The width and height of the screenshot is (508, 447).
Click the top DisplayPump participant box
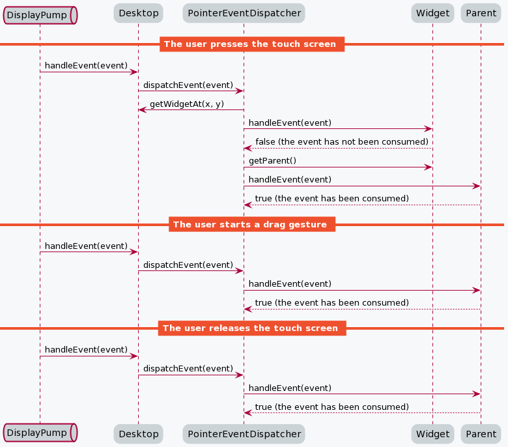click(x=40, y=14)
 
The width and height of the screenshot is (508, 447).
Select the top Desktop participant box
click(x=138, y=12)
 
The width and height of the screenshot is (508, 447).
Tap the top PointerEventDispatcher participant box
click(x=244, y=12)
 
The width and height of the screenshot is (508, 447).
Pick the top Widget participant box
click(x=432, y=12)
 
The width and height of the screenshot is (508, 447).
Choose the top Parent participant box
click(x=481, y=12)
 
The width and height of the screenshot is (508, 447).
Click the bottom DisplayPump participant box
click(x=40, y=433)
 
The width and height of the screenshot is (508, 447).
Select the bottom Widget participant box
click(x=432, y=433)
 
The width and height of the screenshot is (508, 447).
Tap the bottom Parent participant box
click(x=481, y=433)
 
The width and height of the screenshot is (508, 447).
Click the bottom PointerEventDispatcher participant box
click(x=244, y=433)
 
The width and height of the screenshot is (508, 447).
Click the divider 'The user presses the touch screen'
click(x=251, y=44)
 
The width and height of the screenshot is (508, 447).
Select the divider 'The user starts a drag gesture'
click(x=251, y=224)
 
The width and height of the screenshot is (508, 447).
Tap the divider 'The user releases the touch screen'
click(x=251, y=328)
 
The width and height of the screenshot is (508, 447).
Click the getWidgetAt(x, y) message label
click(x=186, y=104)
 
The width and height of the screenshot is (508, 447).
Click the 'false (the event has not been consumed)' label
click(x=341, y=142)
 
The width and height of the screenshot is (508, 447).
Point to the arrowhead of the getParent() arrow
click(x=429, y=167)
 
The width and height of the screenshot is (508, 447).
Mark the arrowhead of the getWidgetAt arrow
click(x=141, y=109)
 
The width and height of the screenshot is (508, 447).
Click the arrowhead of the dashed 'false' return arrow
click(x=247, y=148)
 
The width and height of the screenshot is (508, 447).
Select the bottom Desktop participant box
click(x=138, y=433)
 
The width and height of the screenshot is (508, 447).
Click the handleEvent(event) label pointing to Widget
click(x=290, y=123)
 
